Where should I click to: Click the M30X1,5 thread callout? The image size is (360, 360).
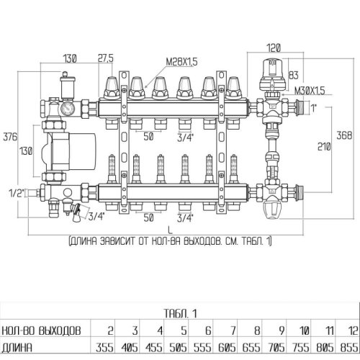click(x=311, y=90)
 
